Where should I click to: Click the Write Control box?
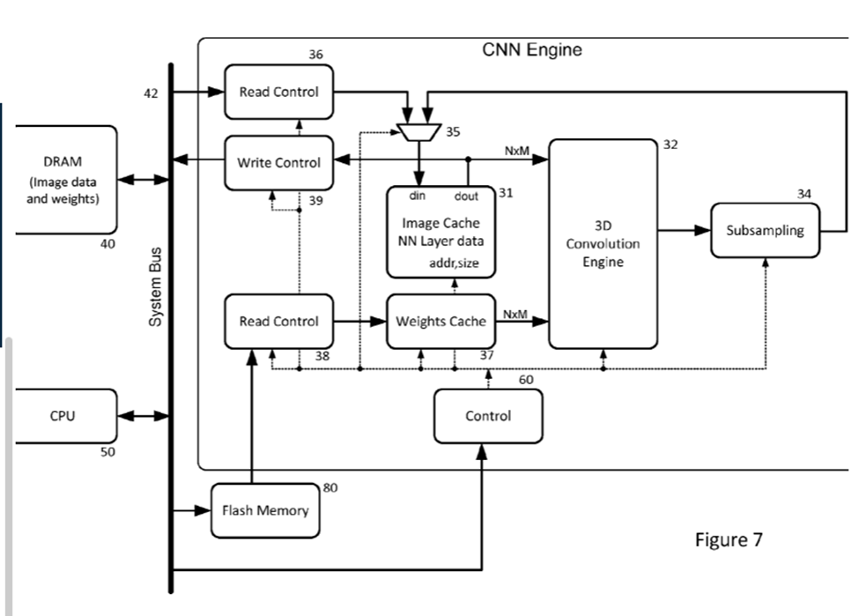pos(278,163)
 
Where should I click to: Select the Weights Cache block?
pos(441,322)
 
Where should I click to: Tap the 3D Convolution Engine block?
pos(603,243)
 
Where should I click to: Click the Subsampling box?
pos(765,231)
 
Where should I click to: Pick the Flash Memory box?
pos(264,510)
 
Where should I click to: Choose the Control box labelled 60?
pos(488,416)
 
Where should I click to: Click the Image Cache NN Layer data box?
pos(441,232)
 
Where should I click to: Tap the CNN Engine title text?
pos(532,50)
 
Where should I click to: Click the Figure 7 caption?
pos(729,539)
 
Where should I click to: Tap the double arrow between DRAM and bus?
pos(144,179)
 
